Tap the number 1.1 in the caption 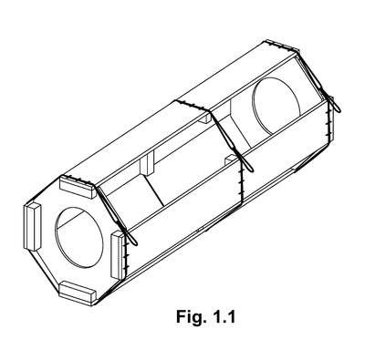tap(224, 317)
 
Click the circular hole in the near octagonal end tap(79, 237)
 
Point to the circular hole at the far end tap(276, 105)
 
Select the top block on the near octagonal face tap(78, 187)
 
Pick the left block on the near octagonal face tap(32, 226)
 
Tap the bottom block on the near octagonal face tap(78, 293)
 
